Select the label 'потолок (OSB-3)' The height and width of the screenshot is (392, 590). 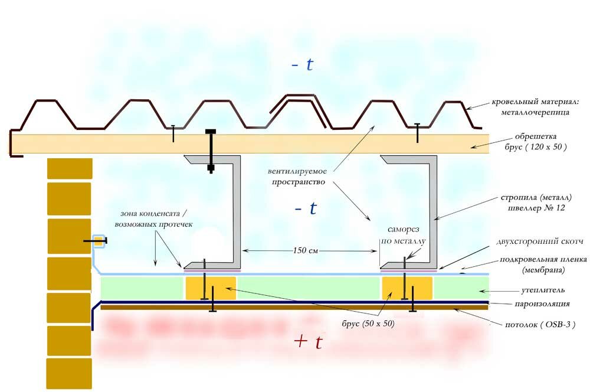(536, 325)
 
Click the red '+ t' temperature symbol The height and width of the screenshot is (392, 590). (308, 342)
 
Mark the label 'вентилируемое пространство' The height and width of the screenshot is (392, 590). (299, 177)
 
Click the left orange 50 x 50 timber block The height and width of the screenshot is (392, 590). (211, 288)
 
